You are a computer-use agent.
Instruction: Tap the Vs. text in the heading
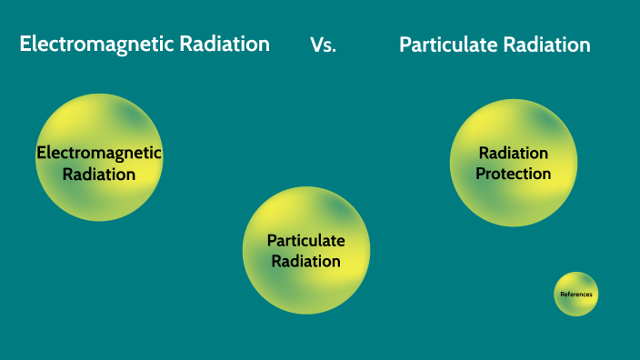[x=323, y=45]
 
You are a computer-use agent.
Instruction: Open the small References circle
[x=576, y=294]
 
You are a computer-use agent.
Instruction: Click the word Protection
[x=514, y=174]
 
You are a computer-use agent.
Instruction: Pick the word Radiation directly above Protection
[x=514, y=153]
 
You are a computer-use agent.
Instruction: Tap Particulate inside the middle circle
[x=305, y=240]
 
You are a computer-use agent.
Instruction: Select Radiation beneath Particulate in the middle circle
[x=305, y=261]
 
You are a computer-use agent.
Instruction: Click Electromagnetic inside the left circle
[x=99, y=153]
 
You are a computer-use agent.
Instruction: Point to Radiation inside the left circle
[x=99, y=174]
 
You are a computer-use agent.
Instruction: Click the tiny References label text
[x=576, y=295]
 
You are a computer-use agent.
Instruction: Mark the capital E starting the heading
[x=26, y=44]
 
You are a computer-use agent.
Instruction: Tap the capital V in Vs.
[x=315, y=45]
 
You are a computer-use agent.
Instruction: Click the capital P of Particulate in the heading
[x=405, y=45]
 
